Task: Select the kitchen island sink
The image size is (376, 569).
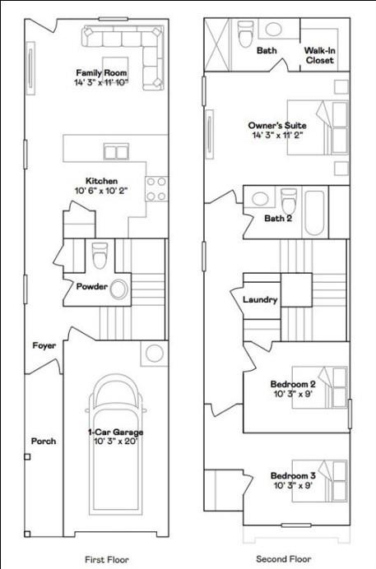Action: pos(116,151)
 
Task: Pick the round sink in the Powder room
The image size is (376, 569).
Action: pos(118,289)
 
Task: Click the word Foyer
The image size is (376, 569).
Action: pos(44,345)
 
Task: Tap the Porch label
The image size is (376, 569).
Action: pos(44,442)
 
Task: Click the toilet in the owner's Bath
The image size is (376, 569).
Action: pos(245,35)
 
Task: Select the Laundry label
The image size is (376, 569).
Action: pos(260,300)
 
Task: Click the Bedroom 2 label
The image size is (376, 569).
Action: pos(293,384)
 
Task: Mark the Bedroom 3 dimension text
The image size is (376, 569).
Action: pos(293,486)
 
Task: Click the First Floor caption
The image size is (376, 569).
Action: pos(107,559)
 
